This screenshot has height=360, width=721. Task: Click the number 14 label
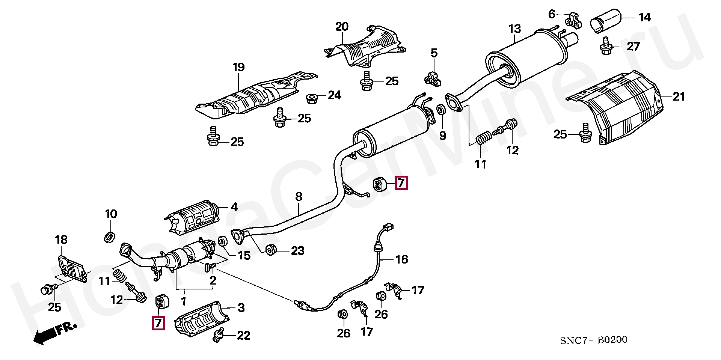coord(644,17)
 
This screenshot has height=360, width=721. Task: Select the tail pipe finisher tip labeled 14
coord(605,20)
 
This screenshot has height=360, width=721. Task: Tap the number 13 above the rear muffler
coord(514,29)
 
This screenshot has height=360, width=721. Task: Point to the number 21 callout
coord(679,97)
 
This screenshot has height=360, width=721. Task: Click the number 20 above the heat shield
coord(342,27)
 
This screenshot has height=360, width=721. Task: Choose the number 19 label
coord(238,68)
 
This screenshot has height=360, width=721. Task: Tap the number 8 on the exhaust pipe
coord(299,196)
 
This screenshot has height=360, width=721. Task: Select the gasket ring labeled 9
coord(441,110)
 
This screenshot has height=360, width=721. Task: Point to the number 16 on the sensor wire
coord(401,259)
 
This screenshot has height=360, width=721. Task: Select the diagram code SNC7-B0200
coord(593,340)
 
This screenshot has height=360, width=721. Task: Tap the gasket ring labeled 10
coord(110,237)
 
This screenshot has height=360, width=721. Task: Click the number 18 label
coord(61,239)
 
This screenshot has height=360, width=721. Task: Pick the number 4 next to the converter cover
coord(234,207)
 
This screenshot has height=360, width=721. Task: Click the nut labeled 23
coord(270,250)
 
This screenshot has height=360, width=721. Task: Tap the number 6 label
coord(552,14)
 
